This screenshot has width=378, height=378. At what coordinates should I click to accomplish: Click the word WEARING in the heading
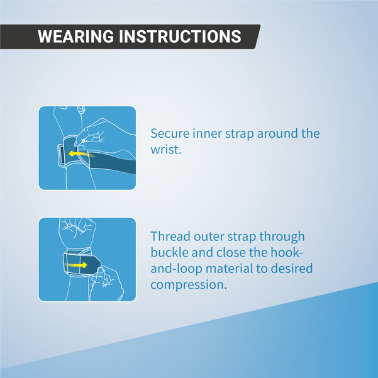click(75, 36)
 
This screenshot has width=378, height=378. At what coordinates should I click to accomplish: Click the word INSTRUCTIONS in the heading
click(180, 36)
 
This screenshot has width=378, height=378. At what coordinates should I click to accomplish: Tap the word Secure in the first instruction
click(170, 133)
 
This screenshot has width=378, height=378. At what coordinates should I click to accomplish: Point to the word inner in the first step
click(207, 133)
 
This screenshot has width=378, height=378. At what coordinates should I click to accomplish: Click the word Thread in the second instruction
click(170, 236)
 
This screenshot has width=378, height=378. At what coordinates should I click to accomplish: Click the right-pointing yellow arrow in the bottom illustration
click(75, 265)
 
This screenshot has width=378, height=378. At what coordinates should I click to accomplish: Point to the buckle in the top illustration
click(61, 155)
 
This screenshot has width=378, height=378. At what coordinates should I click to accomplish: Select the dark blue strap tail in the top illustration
click(112, 162)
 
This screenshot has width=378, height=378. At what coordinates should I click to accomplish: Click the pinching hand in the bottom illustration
click(106, 283)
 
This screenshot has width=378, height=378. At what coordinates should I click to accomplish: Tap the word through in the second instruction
click(282, 236)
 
